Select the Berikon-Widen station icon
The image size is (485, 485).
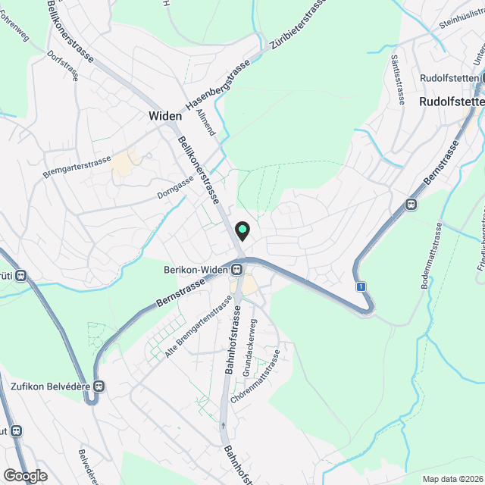[237, 269]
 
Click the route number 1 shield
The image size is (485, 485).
[362, 286]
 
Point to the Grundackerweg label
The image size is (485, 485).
[249, 347]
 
